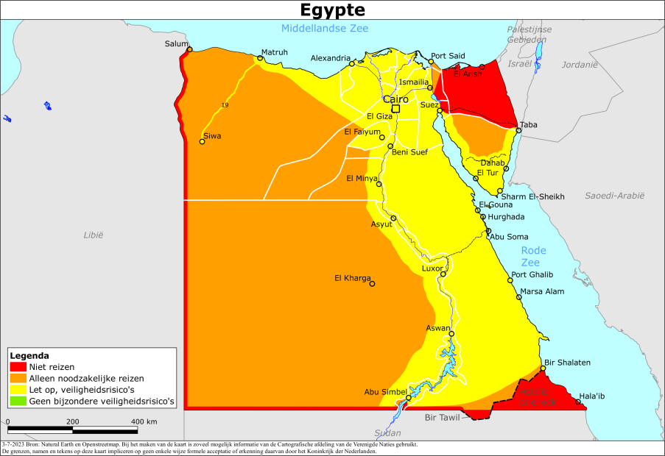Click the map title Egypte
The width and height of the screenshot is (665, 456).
[332, 10]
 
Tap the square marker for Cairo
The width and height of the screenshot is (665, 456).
[395, 109]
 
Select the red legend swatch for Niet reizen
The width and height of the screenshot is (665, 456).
[18, 366]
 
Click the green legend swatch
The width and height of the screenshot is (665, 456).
[18, 402]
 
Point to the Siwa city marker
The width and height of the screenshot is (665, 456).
[203, 141]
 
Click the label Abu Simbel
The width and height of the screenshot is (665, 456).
[383, 392]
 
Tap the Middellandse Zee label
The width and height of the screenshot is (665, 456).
[324, 29]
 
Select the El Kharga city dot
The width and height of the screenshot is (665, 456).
[372, 284]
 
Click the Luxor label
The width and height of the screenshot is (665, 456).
[432, 268]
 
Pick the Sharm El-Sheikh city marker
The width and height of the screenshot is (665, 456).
[500, 191]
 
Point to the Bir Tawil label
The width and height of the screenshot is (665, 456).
[442, 418]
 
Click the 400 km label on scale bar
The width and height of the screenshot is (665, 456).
[144, 421]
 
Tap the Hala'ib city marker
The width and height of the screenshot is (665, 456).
[578, 402]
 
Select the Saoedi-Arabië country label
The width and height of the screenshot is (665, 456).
[614, 195]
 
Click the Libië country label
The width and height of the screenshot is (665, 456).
[94, 235]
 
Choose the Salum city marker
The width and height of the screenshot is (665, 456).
[189, 50]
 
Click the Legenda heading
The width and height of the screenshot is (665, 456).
[29, 355]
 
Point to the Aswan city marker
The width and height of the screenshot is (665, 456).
[451, 333]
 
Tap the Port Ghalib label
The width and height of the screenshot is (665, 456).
[532, 275]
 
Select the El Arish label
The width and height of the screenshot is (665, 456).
[468, 74]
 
